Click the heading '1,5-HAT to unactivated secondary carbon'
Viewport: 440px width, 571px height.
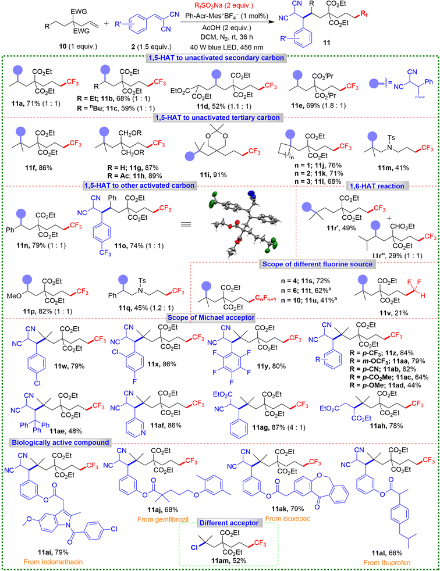[x=216, y=58]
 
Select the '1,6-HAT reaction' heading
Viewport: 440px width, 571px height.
[x=377, y=186]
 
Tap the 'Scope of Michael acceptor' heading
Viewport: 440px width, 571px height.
[x=211, y=317]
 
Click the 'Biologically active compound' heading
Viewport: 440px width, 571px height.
[x=61, y=442]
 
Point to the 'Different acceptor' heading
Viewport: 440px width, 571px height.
[x=229, y=523]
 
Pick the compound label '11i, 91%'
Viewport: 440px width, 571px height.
[x=213, y=175]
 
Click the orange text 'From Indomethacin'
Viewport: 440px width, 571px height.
[x=53, y=562]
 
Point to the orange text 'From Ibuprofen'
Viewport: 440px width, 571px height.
[x=387, y=563]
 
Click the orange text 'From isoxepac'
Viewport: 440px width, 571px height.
[x=288, y=518]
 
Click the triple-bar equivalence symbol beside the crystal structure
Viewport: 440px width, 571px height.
[x=186, y=224]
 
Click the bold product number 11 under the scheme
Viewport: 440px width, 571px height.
[x=327, y=42]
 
